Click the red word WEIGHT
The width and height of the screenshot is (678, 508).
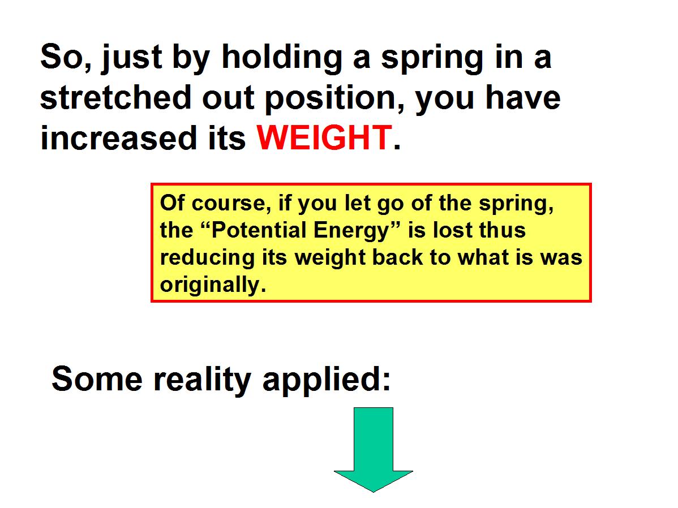tap(324, 137)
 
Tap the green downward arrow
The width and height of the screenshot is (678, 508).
tap(373, 450)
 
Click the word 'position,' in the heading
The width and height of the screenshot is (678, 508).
tap(334, 99)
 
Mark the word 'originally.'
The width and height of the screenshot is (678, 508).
tap(213, 286)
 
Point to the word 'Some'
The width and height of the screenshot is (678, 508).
tap(97, 378)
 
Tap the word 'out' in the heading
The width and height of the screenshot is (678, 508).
tap(228, 98)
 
